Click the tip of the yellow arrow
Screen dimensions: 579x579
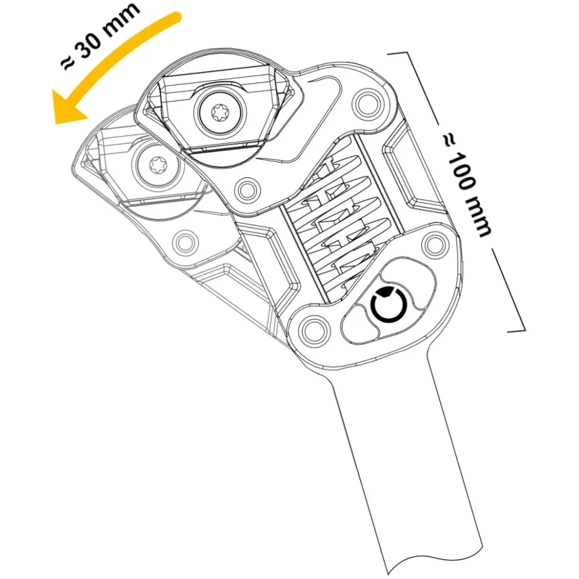pyautogui.click(x=56, y=123)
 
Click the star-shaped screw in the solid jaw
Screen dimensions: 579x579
pyautogui.click(x=221, y=111)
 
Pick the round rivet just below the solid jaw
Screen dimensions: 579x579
pyautogui.click(x=246, y=190)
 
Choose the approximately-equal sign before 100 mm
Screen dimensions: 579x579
pyautogui.click(x=450, y=142)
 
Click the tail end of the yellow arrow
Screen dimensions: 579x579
pyautogui.click(x=177, y=17)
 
